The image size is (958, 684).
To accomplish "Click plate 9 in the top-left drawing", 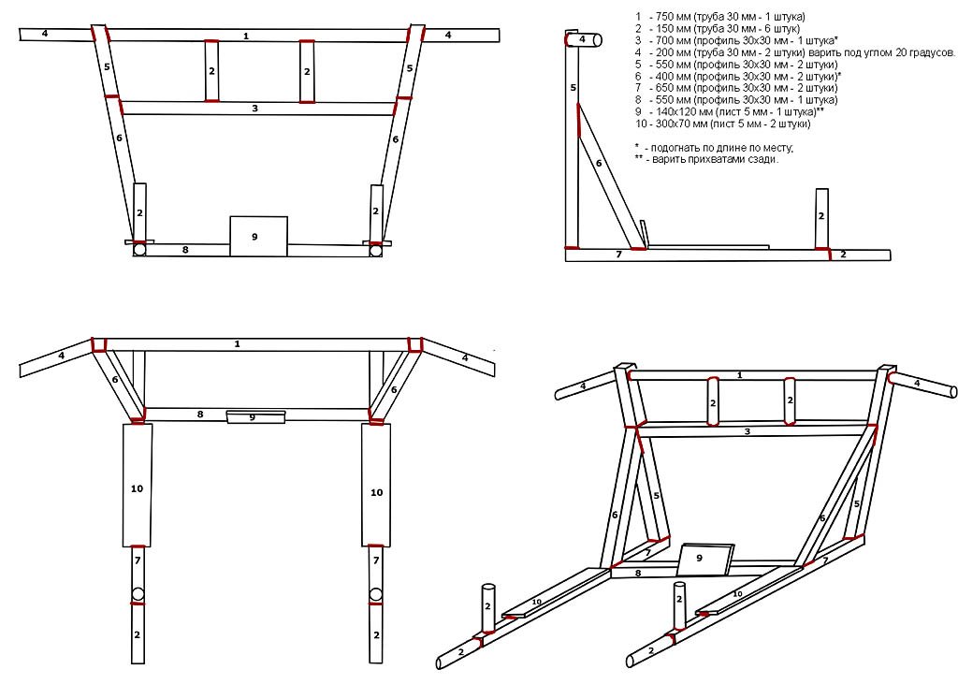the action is pos(258,236).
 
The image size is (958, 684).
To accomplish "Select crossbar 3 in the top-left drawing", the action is pos(257,109).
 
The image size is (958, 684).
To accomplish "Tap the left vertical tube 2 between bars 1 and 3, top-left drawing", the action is pos(211,70).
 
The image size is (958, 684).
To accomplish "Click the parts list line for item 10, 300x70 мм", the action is pos(723,124).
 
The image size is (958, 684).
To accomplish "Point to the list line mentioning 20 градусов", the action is pos(794,52).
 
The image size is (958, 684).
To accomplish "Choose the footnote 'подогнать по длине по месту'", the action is pos(714,148).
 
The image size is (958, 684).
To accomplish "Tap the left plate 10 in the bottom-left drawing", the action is pos(137,485).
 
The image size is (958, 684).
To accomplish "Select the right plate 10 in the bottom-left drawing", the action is pos(376,485).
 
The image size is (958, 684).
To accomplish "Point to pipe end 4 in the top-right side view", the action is pos(584,39).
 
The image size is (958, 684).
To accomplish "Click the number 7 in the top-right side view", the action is pos(618,255).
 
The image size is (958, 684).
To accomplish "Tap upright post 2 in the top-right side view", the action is pos(821,218).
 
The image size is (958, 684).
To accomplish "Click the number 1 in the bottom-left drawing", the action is pos(237,344).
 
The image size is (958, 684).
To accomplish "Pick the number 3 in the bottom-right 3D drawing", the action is pos(747,431).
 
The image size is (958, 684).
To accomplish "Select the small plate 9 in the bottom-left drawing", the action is pos(256,417).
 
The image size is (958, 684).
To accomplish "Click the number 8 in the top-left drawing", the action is pos(185,250).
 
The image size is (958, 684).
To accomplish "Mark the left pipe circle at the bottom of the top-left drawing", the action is pos(139,250).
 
